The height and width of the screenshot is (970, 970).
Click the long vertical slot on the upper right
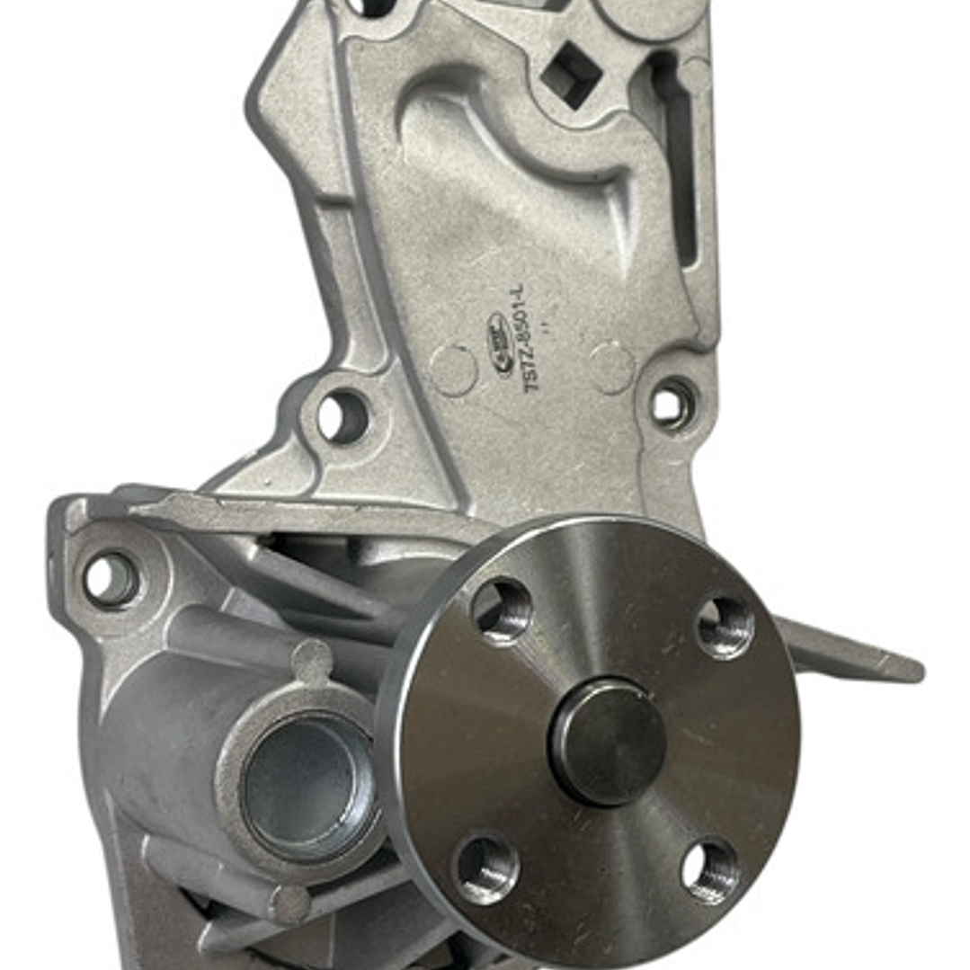pos(680,162)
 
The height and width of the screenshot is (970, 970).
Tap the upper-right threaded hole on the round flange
pos(725,627)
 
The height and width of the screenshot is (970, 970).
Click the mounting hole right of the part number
pos(672,404)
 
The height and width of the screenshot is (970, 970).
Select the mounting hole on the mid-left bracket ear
pos(343,416)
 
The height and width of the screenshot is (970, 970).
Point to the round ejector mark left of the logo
pos(453,369)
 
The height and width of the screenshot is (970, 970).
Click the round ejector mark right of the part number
pos(611,367)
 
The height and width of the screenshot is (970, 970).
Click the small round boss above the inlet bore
pos(312,661)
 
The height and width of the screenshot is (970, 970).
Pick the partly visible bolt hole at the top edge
pos(371,7)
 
